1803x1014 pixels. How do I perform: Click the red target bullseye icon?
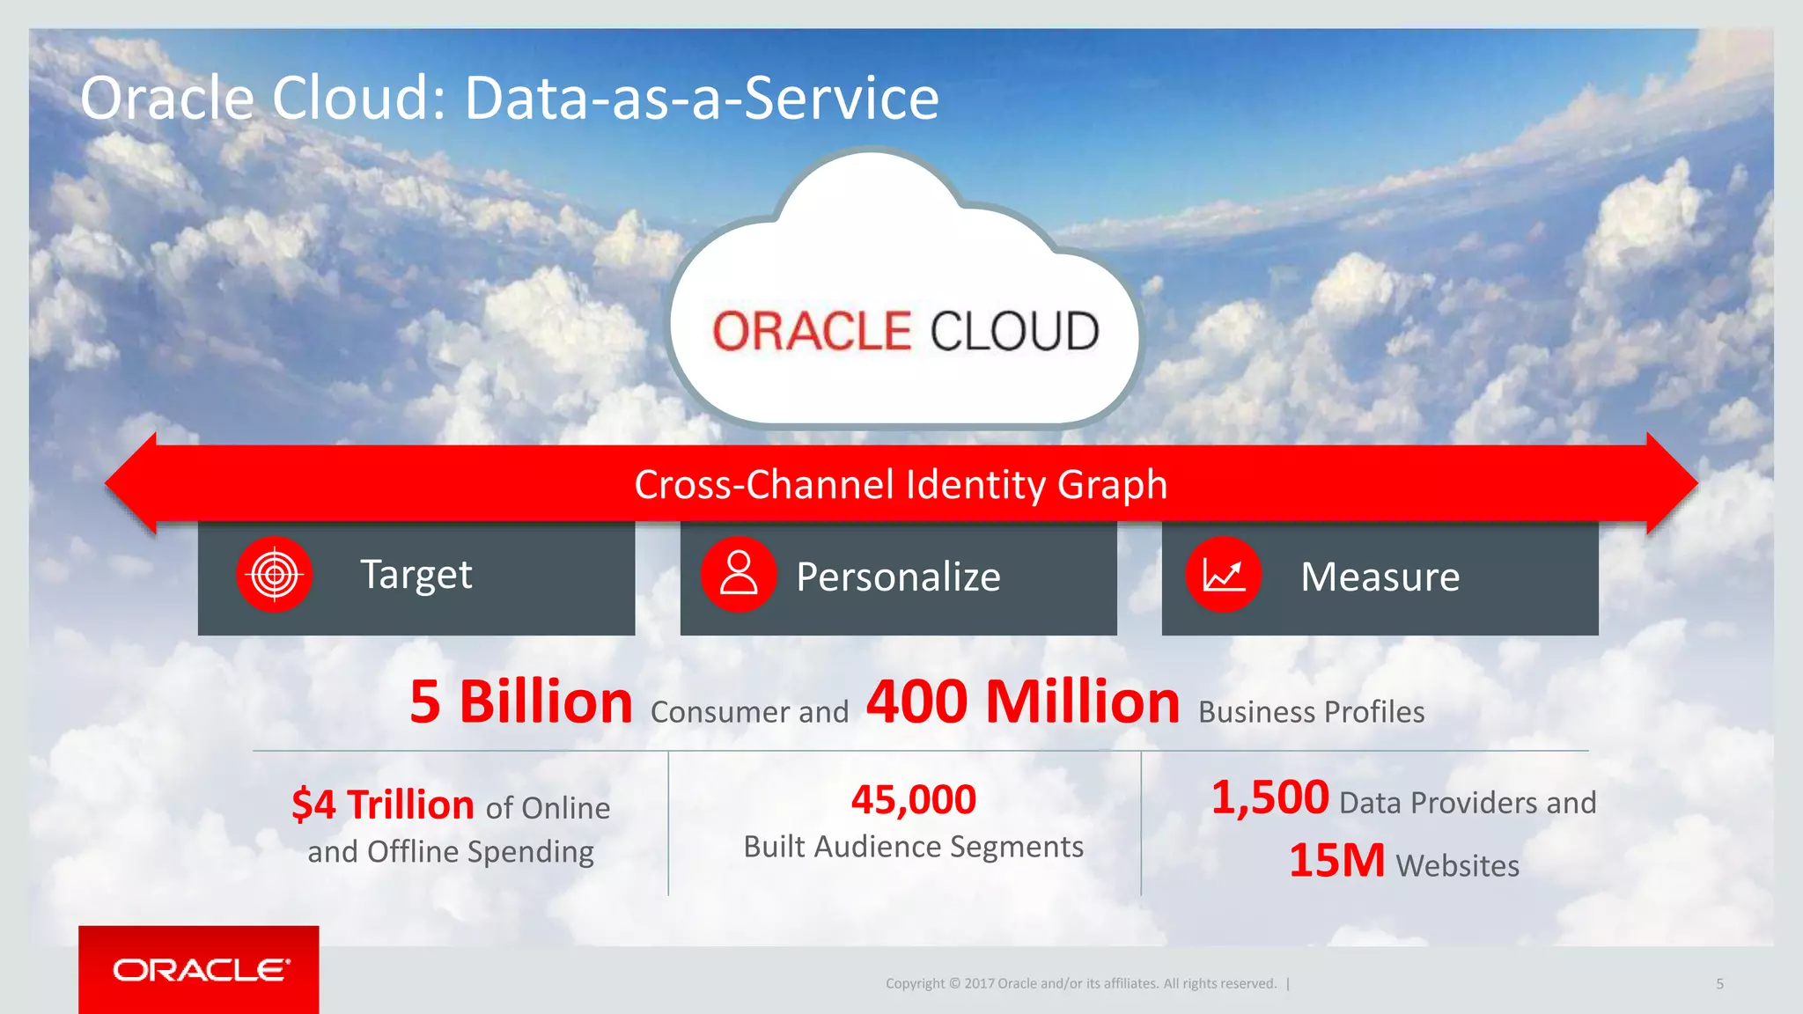pos(275,575)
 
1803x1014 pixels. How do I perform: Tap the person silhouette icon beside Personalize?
pos(739,575)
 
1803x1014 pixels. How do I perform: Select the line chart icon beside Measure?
pos(1224,575)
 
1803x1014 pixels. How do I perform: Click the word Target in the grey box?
pos(416,575)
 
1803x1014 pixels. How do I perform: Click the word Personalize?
pos(898,577)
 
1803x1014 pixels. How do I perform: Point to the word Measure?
pos(1380,577)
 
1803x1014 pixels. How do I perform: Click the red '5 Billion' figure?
pos(521,702)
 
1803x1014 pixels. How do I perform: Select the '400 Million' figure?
pos(1023,702)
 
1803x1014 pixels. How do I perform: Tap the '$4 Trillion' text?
pos(383,805)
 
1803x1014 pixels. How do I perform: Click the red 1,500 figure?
pos(1269,797)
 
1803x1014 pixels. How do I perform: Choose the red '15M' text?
pos(1336,861)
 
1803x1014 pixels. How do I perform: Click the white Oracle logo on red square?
pos(200,970)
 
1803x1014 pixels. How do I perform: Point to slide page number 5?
pos(1719,984)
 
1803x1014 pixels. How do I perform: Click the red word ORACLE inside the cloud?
pos(811,332)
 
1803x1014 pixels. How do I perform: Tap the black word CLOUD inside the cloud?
pos(1014,332)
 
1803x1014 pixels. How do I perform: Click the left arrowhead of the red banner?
pos(132,483)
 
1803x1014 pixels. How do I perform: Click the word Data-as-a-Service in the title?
pos(702,98)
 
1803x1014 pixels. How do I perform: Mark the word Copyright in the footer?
pos(915,984)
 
